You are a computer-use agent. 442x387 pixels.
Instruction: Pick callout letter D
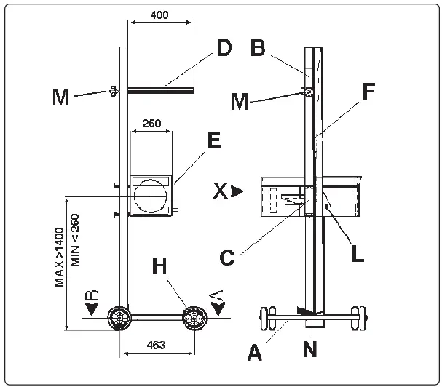pos(224,49)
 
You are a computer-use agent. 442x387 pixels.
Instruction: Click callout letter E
pos(213,141)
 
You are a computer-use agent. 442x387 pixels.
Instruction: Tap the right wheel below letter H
pos(194,318)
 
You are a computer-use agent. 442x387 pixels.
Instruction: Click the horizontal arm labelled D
pos(161,90)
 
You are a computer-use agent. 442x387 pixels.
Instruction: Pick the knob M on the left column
pos(113,92)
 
